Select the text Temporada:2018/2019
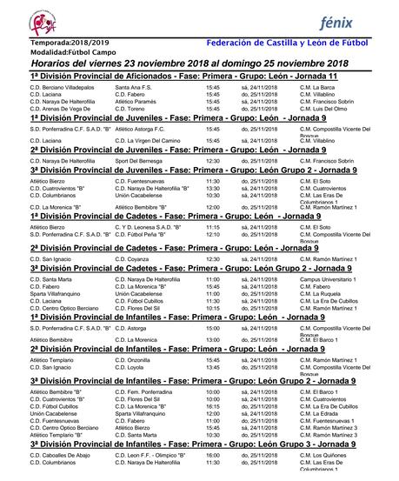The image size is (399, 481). pos(57,41)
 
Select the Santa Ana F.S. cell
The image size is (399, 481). pos(134,88)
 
